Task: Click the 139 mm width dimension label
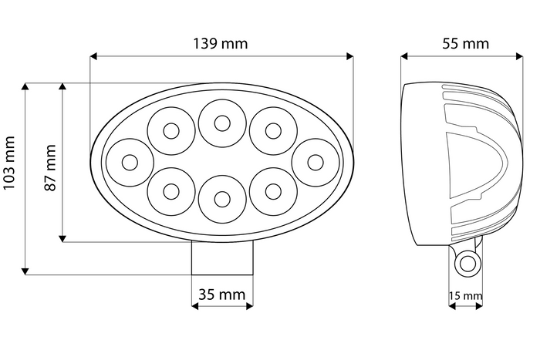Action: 220,43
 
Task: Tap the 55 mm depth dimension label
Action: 465,43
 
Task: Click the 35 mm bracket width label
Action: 221,294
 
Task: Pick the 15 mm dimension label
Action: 465,295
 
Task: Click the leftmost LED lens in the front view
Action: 129,163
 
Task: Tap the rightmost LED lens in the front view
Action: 315,162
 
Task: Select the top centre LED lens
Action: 221,122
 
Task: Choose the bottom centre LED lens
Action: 221,200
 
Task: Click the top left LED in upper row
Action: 170,130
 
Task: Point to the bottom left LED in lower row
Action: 170,191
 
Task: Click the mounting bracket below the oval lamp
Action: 222,257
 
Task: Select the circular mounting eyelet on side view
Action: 466,264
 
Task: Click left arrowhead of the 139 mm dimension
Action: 94,56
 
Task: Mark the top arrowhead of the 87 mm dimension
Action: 62,86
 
